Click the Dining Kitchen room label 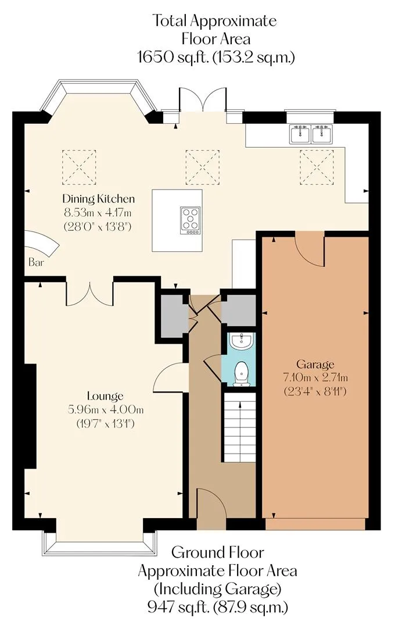click(98, 199)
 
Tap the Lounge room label click(105, 396)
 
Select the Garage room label click(315, 365)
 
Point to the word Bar click(36, 263)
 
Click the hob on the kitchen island click(190, 220)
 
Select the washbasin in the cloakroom click(241, 341)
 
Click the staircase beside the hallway click(239, 427)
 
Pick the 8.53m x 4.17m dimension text click(98, 212)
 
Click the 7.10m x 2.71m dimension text click(315, 377)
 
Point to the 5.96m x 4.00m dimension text click(106, 409)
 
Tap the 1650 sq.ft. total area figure click(173, 57)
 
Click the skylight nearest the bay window click(79, 167)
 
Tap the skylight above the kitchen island click(203, 167)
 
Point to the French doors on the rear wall click(203, 100)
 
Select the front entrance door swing click(212, 504)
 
